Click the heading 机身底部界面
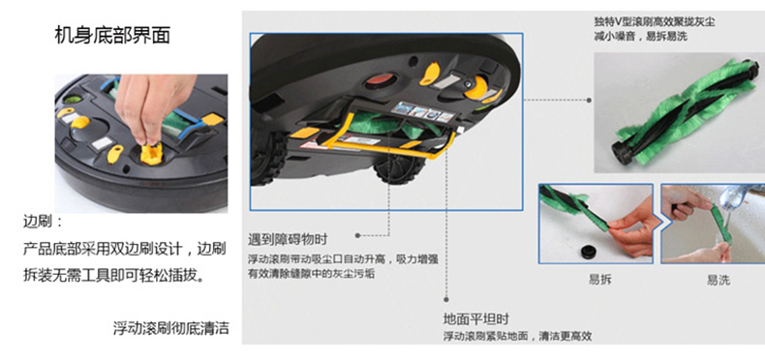[112, 36]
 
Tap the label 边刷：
[43, 223]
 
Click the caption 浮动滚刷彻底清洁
[170, 328]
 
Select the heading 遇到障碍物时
[288, 240]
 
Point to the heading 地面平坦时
[476, 319]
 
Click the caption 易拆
[600, 280]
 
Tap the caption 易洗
[719, 280]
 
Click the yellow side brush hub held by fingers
[151, 154]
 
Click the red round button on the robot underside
[381, 79]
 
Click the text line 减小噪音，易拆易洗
[641, 36]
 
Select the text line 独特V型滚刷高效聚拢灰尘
[655, 21]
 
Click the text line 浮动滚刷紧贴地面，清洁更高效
[517, 336]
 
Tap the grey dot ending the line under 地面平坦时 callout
[445, 299]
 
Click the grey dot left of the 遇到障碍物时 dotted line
[357, 235]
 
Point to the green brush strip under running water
[721, 224]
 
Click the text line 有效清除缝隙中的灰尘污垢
[311, 274]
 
